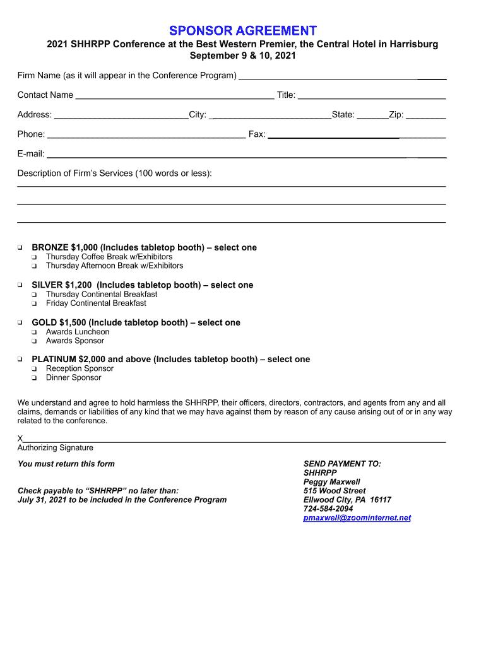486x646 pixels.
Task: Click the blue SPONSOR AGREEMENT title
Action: point(243,30)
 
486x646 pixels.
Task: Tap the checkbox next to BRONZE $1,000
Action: point(20,247)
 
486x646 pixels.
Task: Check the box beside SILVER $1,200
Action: point(20,285)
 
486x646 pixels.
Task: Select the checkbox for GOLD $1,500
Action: point(20,322)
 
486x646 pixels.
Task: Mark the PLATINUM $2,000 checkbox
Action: point(20,359)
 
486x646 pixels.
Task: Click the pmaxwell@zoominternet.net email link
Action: point(357,518)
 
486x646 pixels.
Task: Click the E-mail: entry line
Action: point(246,155)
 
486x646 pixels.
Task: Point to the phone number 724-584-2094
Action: point(328,508)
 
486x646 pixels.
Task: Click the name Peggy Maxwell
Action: point(332,482)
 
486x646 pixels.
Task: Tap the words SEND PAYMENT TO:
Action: point(342,464)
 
